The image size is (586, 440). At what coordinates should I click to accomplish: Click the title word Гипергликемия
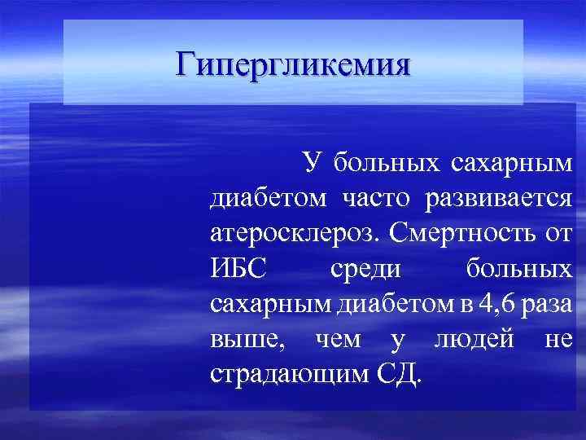(293, 62)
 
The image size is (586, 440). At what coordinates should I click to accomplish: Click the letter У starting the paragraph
(313, 162)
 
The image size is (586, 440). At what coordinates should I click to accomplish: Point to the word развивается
(497, 198)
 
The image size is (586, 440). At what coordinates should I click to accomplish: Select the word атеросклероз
(293, 234)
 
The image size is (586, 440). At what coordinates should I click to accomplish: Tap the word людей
(474, 340)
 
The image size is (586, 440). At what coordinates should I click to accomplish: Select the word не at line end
(559, 340)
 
